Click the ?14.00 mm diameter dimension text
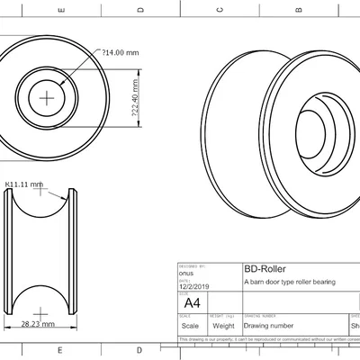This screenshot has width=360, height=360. [x=121, y=52]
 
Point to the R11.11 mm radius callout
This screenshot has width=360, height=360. [x=24, y=184]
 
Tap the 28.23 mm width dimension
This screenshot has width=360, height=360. [x=38, y=321]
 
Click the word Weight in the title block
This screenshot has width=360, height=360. [x=223, y=326]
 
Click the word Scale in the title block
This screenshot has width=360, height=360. [x=190, y=326]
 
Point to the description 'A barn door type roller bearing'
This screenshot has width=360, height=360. [x=289, y=282]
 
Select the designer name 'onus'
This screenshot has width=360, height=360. [x=186, y=273]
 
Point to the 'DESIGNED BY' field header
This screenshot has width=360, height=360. [x=193, y=266]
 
